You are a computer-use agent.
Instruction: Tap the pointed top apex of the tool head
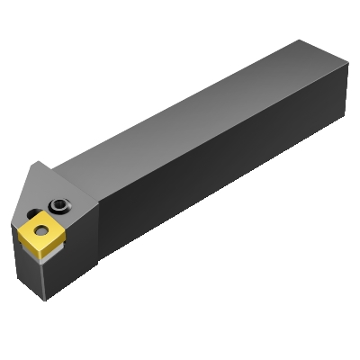(40, 162)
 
